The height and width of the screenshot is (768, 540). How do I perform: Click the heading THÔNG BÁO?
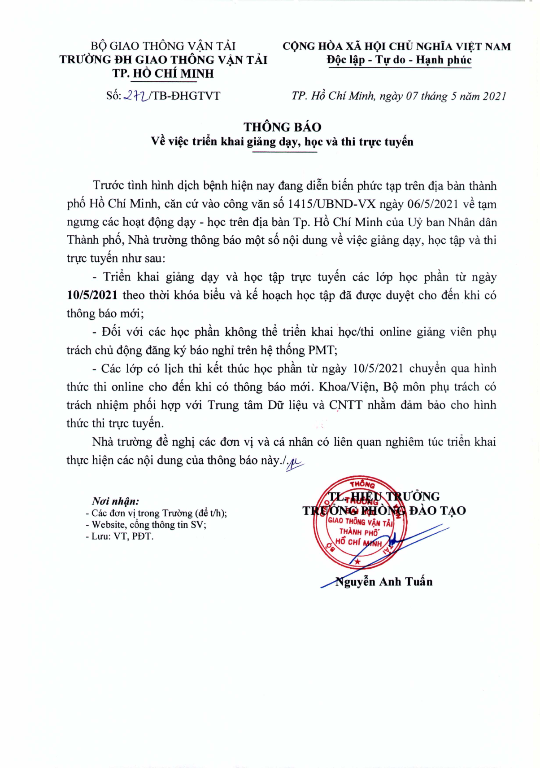pyautogui.click(x=283, y=127)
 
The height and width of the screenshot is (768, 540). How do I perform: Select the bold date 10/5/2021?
pyautogui.click(x=92, y=295)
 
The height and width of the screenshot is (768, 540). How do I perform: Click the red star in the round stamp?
pyautogui.click(x=357, y=562)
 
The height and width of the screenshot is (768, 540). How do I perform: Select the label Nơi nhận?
pyautogui.click(x=115, y=501)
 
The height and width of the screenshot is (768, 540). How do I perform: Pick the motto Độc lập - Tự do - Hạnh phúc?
pyautogui.click(x=399, y=60)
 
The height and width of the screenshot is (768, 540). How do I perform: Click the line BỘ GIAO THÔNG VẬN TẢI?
pyautogui.click(x=163, y=46)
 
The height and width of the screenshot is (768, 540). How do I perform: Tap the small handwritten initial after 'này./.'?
pyautogui.click(x=295, y=462)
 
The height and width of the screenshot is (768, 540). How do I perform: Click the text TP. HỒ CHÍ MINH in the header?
pyautogui.click(x=163, y=74)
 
